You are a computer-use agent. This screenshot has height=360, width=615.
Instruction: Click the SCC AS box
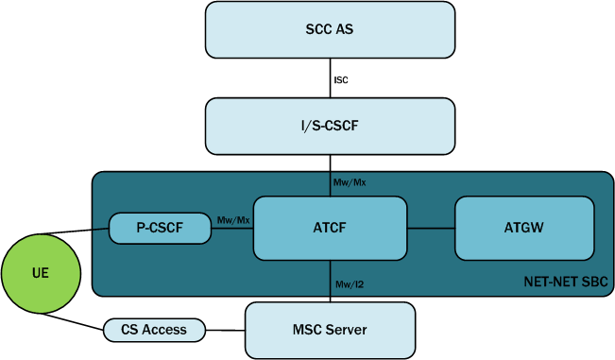330,29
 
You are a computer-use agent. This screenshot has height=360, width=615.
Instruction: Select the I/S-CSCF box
330,126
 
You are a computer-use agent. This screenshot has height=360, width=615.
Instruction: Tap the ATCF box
330,228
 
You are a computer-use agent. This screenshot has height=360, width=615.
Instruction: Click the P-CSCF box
160,228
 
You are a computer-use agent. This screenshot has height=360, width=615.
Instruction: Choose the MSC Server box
330,330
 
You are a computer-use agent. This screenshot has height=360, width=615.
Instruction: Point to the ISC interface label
341,80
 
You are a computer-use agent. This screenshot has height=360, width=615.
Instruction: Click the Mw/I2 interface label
349,284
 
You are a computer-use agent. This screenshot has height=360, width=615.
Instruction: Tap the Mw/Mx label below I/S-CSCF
350,181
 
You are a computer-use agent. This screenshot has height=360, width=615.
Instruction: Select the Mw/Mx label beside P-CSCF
233,220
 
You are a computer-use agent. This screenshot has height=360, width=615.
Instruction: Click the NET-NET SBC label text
568,283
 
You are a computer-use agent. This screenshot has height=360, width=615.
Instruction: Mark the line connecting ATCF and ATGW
431,228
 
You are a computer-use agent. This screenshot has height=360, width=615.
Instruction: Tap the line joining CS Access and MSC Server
227,330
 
